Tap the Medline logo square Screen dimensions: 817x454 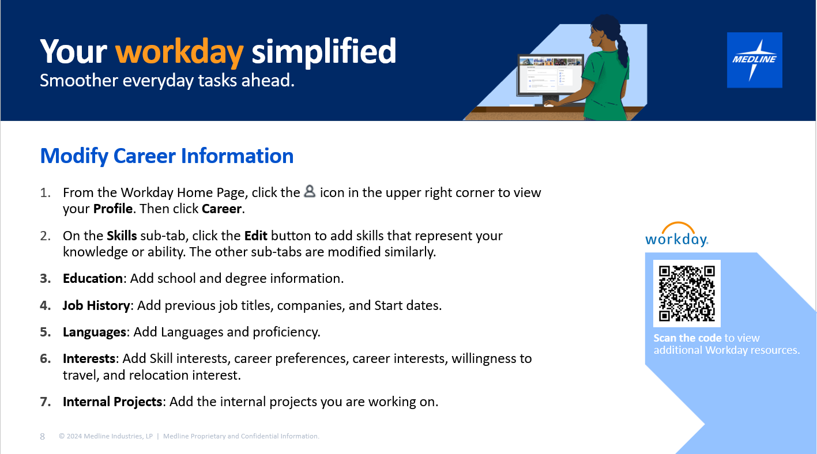pos(754,60)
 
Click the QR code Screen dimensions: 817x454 pos(687,293)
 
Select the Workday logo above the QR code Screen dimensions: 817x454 pos(676,234)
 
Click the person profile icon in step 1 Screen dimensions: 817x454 pos(310,191)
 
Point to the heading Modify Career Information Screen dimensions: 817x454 pos(167,156)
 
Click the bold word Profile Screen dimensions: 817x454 pos(112,209)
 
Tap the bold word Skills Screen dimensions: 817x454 pos(122,236)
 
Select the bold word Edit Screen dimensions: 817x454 pos(255,236)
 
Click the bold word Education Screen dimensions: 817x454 pos(93,278)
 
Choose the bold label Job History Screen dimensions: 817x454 pos(96,305)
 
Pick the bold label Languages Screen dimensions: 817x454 pos(95,332)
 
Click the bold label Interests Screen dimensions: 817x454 pos(89,358)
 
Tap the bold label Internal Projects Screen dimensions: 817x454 pos(112,402)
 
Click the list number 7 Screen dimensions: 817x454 pos(45,402)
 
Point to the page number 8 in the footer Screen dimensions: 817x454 pos(42,436)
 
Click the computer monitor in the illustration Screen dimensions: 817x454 pos(550,75)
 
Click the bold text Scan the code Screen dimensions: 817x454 pos(687,338)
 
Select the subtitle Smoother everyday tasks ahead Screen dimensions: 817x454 pos(167,81)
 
